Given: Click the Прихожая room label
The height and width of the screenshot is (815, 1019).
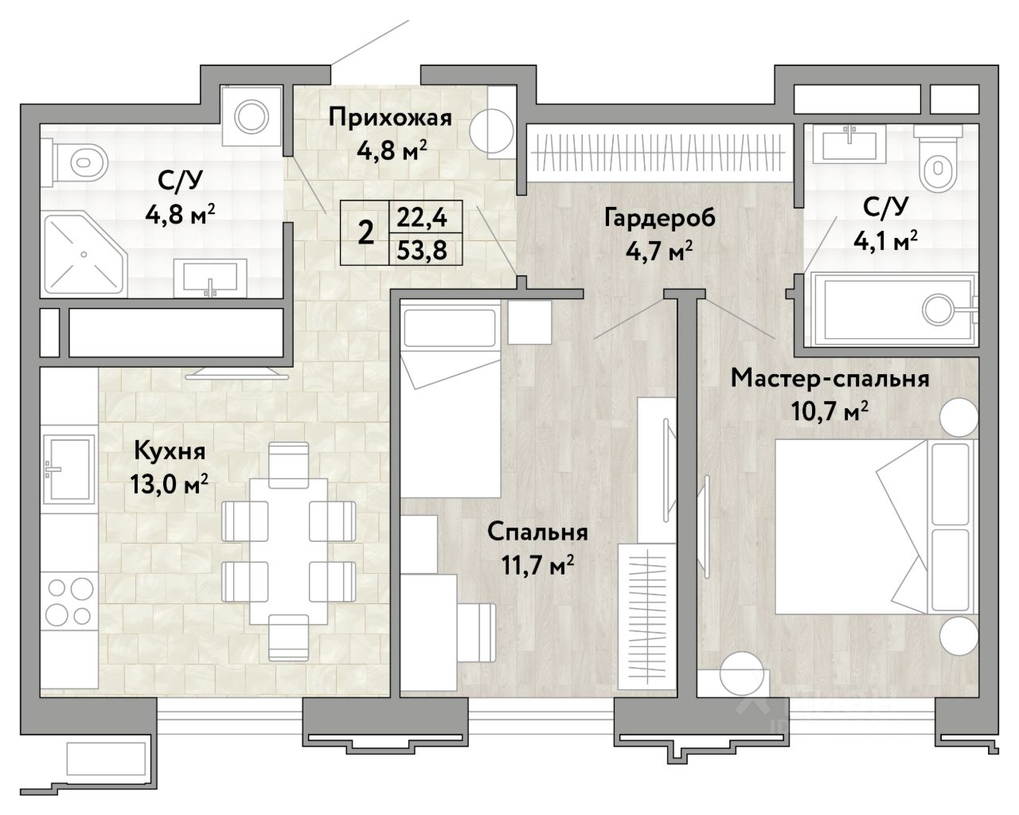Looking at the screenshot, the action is [x=390, y=118].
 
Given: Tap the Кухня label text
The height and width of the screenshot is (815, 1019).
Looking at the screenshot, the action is [x=170, y=450].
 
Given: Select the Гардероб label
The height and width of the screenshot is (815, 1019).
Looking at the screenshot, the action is [x=659, y=218].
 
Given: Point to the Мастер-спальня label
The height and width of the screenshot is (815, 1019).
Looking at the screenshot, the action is [x=830, y=379].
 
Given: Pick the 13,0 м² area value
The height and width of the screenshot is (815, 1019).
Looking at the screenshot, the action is [x=169, y=485].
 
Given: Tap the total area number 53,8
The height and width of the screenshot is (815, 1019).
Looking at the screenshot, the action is [x=421, y=250].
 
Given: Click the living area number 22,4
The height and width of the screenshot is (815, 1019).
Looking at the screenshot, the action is [x=421, y=218].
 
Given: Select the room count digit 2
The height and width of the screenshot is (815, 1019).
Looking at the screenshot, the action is [x=365, y=233].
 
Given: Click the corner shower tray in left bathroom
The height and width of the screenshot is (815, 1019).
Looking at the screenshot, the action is [x=85, y=255].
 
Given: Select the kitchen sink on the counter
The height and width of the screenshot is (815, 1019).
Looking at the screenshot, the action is [x=68, y=469].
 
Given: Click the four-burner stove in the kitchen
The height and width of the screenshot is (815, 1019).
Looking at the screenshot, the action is [x=69, y=601].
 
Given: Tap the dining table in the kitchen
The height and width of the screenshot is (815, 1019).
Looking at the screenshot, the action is [x=288, y=551].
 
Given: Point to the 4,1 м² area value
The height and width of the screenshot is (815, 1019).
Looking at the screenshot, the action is [x=886, y=241].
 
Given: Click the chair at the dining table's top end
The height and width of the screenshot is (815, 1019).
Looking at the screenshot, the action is [x=288, y=464].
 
